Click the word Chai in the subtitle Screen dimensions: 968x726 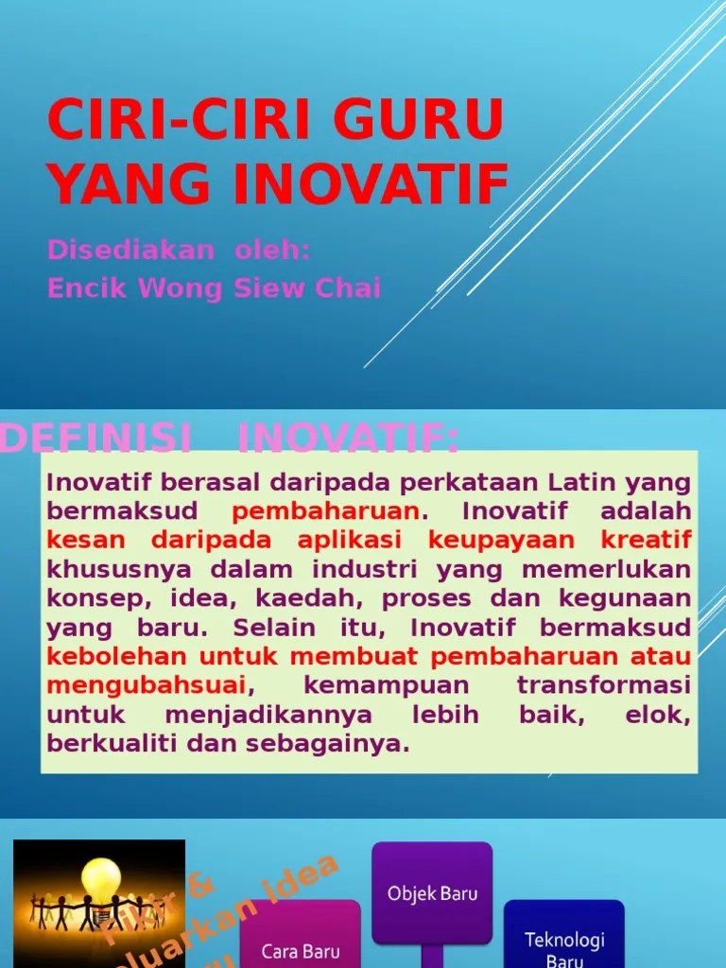[347, 288]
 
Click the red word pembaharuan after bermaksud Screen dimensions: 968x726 [326, 511]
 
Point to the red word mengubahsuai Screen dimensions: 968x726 [147, 684]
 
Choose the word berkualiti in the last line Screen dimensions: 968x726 [112, 743]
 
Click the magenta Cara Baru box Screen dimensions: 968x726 [300, 936]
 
